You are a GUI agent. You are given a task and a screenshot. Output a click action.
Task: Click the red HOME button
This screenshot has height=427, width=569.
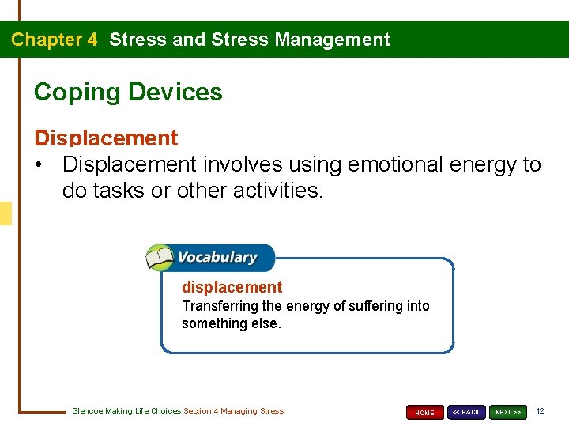click(424, 412)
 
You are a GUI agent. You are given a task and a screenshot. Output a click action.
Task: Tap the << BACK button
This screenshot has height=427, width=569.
click(466, 412)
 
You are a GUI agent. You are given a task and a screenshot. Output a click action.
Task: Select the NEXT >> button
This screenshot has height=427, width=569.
click(507, 412)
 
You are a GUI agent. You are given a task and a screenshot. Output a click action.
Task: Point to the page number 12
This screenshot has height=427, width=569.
click(540, 411)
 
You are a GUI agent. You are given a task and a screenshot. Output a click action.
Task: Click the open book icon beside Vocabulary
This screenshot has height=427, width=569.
click(160, 258)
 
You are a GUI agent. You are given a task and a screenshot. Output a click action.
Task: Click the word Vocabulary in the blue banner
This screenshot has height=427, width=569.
click(217, 257)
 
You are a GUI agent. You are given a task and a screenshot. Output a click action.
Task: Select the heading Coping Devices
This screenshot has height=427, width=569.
click(128, 92)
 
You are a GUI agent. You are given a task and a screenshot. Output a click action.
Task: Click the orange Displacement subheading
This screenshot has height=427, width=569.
click(106, 138)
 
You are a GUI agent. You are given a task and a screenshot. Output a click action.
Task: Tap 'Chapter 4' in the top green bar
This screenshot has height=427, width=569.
click(54, 40)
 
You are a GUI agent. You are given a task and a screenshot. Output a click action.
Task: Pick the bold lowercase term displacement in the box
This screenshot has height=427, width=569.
click(232, 287)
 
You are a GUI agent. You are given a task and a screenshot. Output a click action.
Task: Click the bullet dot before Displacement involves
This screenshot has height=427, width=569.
click(40, 165)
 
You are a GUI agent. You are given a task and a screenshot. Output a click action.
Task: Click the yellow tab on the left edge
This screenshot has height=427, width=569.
click(6, 213)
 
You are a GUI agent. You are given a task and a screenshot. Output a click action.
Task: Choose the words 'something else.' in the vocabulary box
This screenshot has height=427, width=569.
click(231, 323)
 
